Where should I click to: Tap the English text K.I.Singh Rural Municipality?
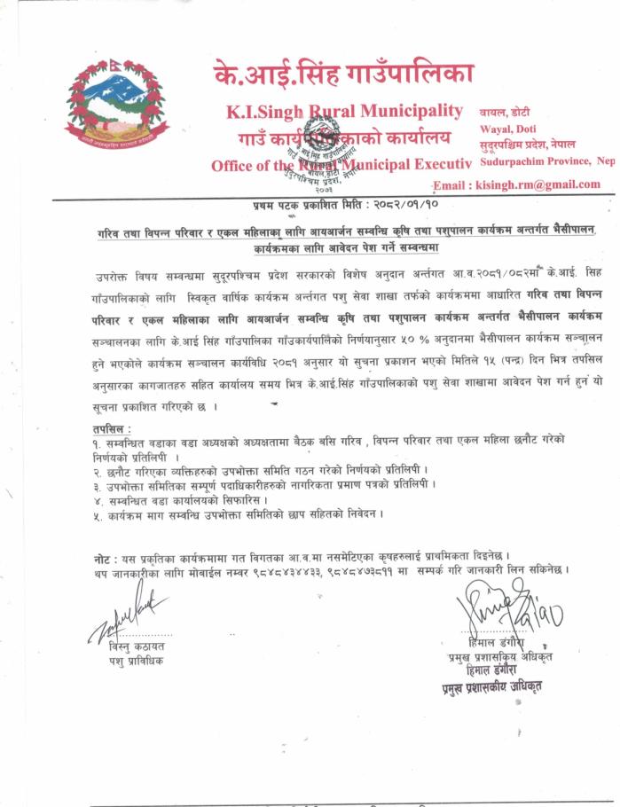344,112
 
